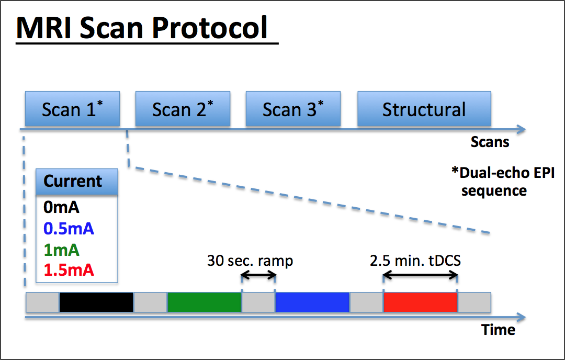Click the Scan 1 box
coord(72,109)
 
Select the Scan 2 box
coord(183,109)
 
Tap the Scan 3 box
coord(293,109)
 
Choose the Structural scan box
coord(424,109)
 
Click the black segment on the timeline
coord(97,302)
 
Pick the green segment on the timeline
coord(205,302)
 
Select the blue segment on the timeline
coord(312,302)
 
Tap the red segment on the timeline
coord(421,302)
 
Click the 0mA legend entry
coord(61,207)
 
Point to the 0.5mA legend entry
coord(69,229)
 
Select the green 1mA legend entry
coord(61,250)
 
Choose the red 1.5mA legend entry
coord(69,271)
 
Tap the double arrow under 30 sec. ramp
coord(258,276)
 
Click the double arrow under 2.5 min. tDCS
coord(421,276)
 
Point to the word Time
coord(499,330)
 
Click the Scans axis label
coord(490,142)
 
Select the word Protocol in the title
coord(210,28)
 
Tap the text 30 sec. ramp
coord(250,261)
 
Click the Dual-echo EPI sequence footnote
coord(503,182)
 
